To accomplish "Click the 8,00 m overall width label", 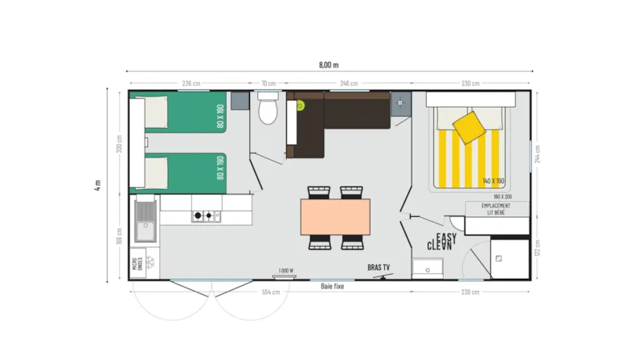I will click(x=330, y=65).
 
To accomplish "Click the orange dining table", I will click(x=336, y=216).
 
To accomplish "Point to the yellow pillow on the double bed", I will click(x=469, y=125).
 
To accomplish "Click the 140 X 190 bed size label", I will click(x=494, y=182).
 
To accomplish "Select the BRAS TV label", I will click(x=379, y=267).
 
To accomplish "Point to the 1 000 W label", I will click(x=285, y=270).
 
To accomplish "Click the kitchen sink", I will click(x=146, y=221).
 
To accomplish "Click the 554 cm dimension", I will click(x=271, y=292).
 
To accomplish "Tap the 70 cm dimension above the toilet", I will click(x=268, y=83).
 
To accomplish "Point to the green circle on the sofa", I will click(x=301, y=104).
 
